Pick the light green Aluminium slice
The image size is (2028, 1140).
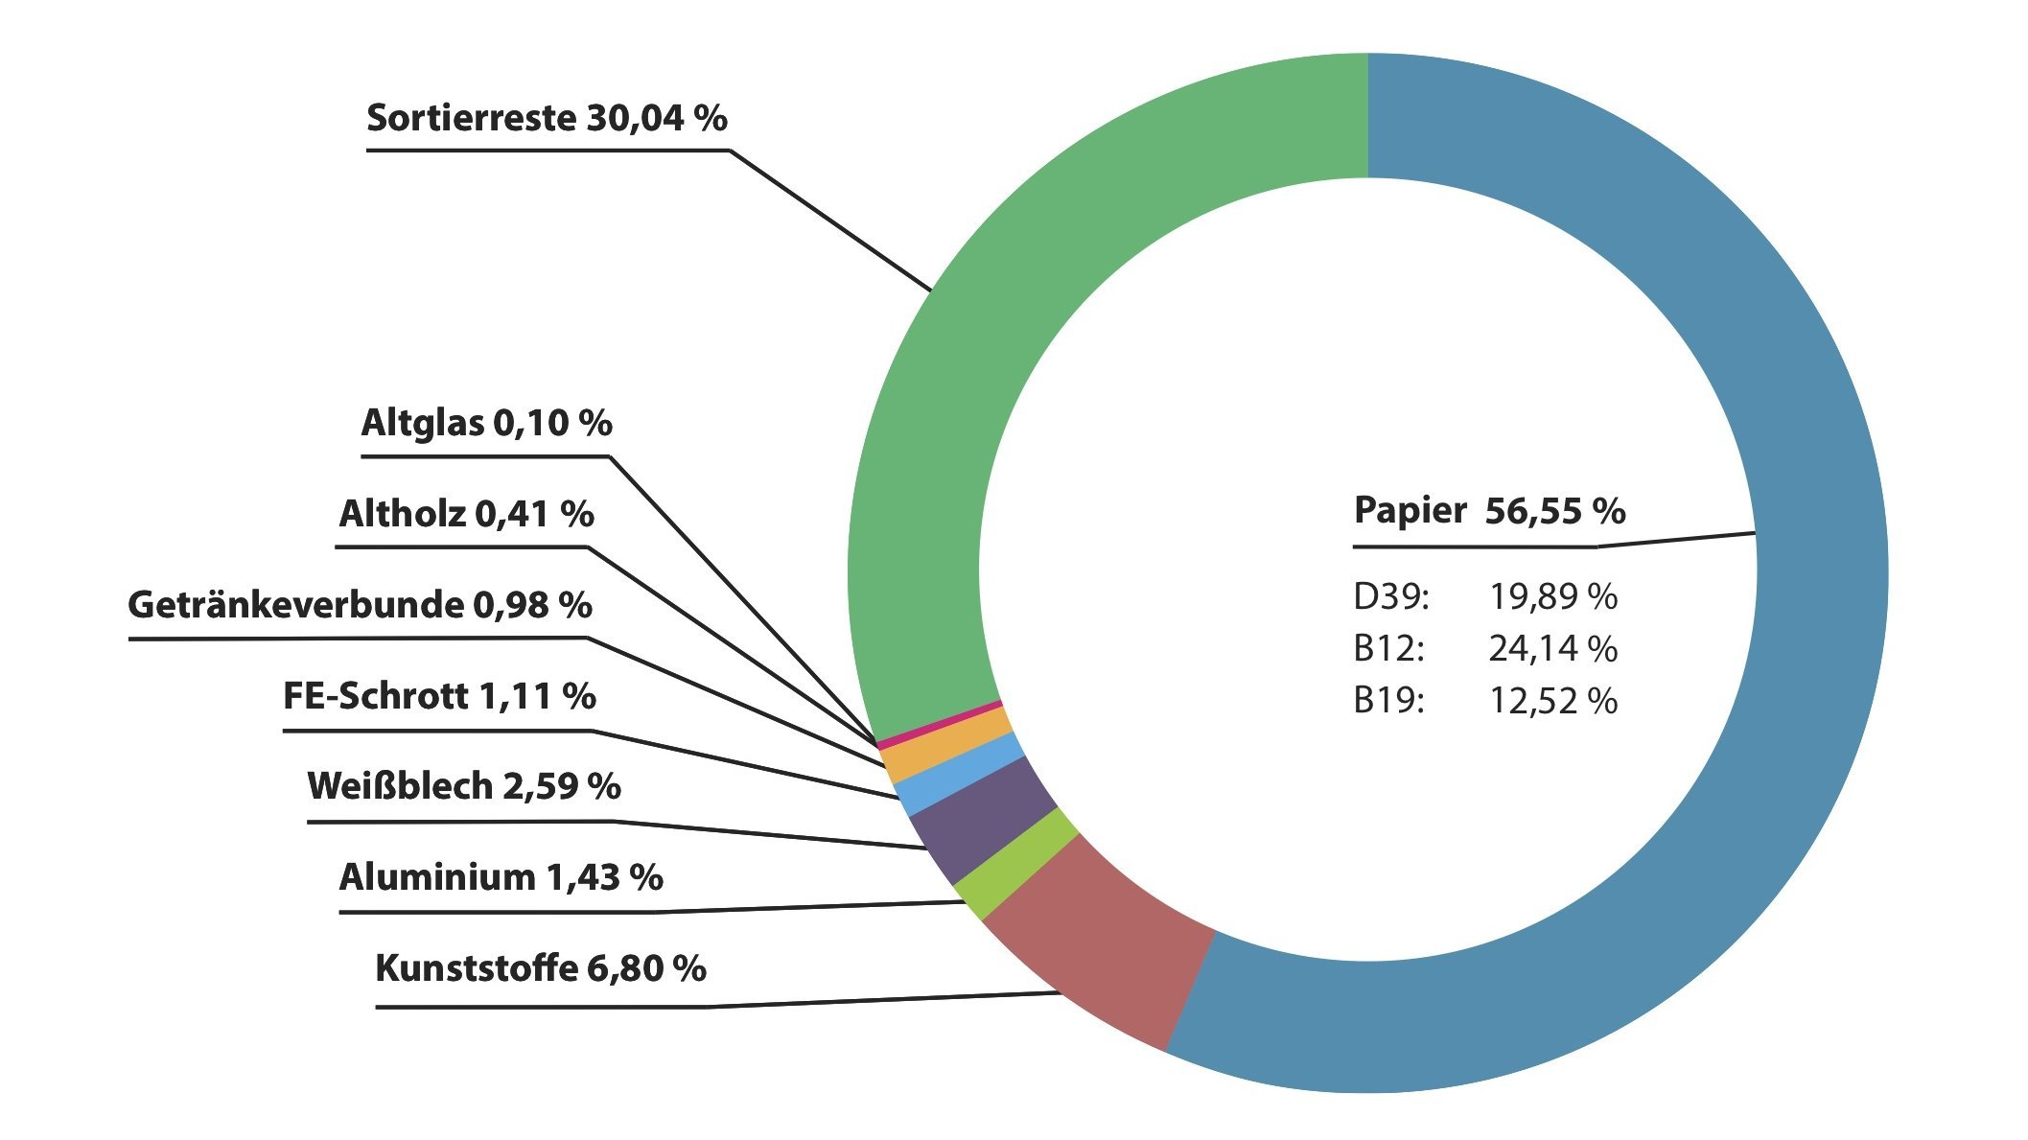point(1016,863)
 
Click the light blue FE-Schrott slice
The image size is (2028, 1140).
point(959,775)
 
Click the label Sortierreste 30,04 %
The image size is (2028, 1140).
point(547,119)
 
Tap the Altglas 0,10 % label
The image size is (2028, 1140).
point(486,424)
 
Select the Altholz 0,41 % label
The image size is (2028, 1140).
point(466,515)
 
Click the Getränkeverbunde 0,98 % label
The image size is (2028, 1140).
point(360,606)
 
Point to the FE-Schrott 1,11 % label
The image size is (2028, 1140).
point(439,697)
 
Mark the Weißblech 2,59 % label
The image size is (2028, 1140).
point(464,787)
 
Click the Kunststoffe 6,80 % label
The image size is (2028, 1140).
point(541,969)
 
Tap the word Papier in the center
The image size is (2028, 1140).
point(1410,511)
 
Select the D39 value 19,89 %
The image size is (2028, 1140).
point(1552,597)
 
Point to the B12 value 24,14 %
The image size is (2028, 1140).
point(1552,650)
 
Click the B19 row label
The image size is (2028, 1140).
point(1388,702)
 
